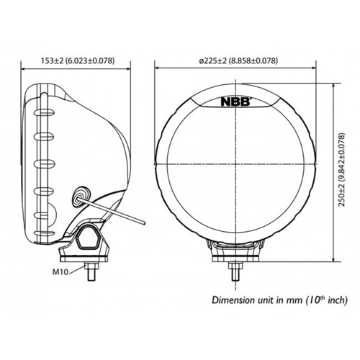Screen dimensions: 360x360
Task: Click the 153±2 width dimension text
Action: tap(77, 62)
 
